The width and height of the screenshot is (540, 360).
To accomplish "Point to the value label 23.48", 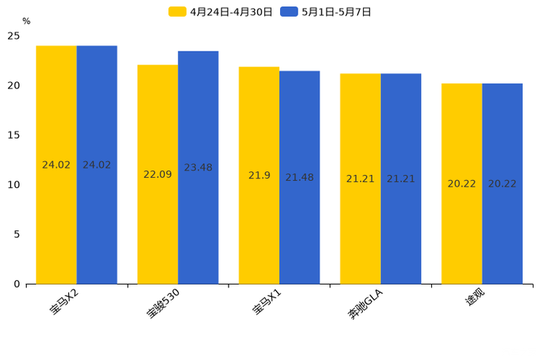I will tap(198, 168).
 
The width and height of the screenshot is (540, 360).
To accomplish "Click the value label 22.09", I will tap(157, 174).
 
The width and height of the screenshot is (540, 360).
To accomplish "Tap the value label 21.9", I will tap(259, 176).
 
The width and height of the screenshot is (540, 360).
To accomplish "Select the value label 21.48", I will tap(300, 178).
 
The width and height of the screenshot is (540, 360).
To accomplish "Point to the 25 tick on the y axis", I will tap(14, 36).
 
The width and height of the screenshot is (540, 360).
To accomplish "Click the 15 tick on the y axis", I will tap(14, 135).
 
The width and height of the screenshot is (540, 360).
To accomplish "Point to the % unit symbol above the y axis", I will tap(26, 21).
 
